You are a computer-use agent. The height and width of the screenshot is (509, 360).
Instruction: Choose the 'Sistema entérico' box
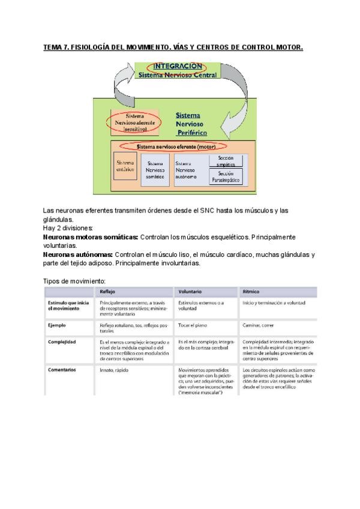pos(125,166)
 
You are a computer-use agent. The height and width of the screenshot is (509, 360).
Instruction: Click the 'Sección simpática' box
pos(226,160)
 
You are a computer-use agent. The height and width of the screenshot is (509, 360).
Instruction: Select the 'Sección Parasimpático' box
pos(226,176)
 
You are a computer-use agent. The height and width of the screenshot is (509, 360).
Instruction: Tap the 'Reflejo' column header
pos(109,291)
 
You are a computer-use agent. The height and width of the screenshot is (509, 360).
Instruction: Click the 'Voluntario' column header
pos(190,291)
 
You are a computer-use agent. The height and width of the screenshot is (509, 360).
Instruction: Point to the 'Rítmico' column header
pos(251,291)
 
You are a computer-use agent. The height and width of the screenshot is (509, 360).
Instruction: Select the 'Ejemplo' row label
pos(57,325)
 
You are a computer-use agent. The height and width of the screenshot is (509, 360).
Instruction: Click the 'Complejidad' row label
pos(61,341)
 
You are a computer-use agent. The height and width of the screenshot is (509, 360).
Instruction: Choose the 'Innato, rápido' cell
pos(115,370)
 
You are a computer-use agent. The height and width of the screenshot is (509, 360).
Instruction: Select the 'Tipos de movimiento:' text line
pos(74,280)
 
